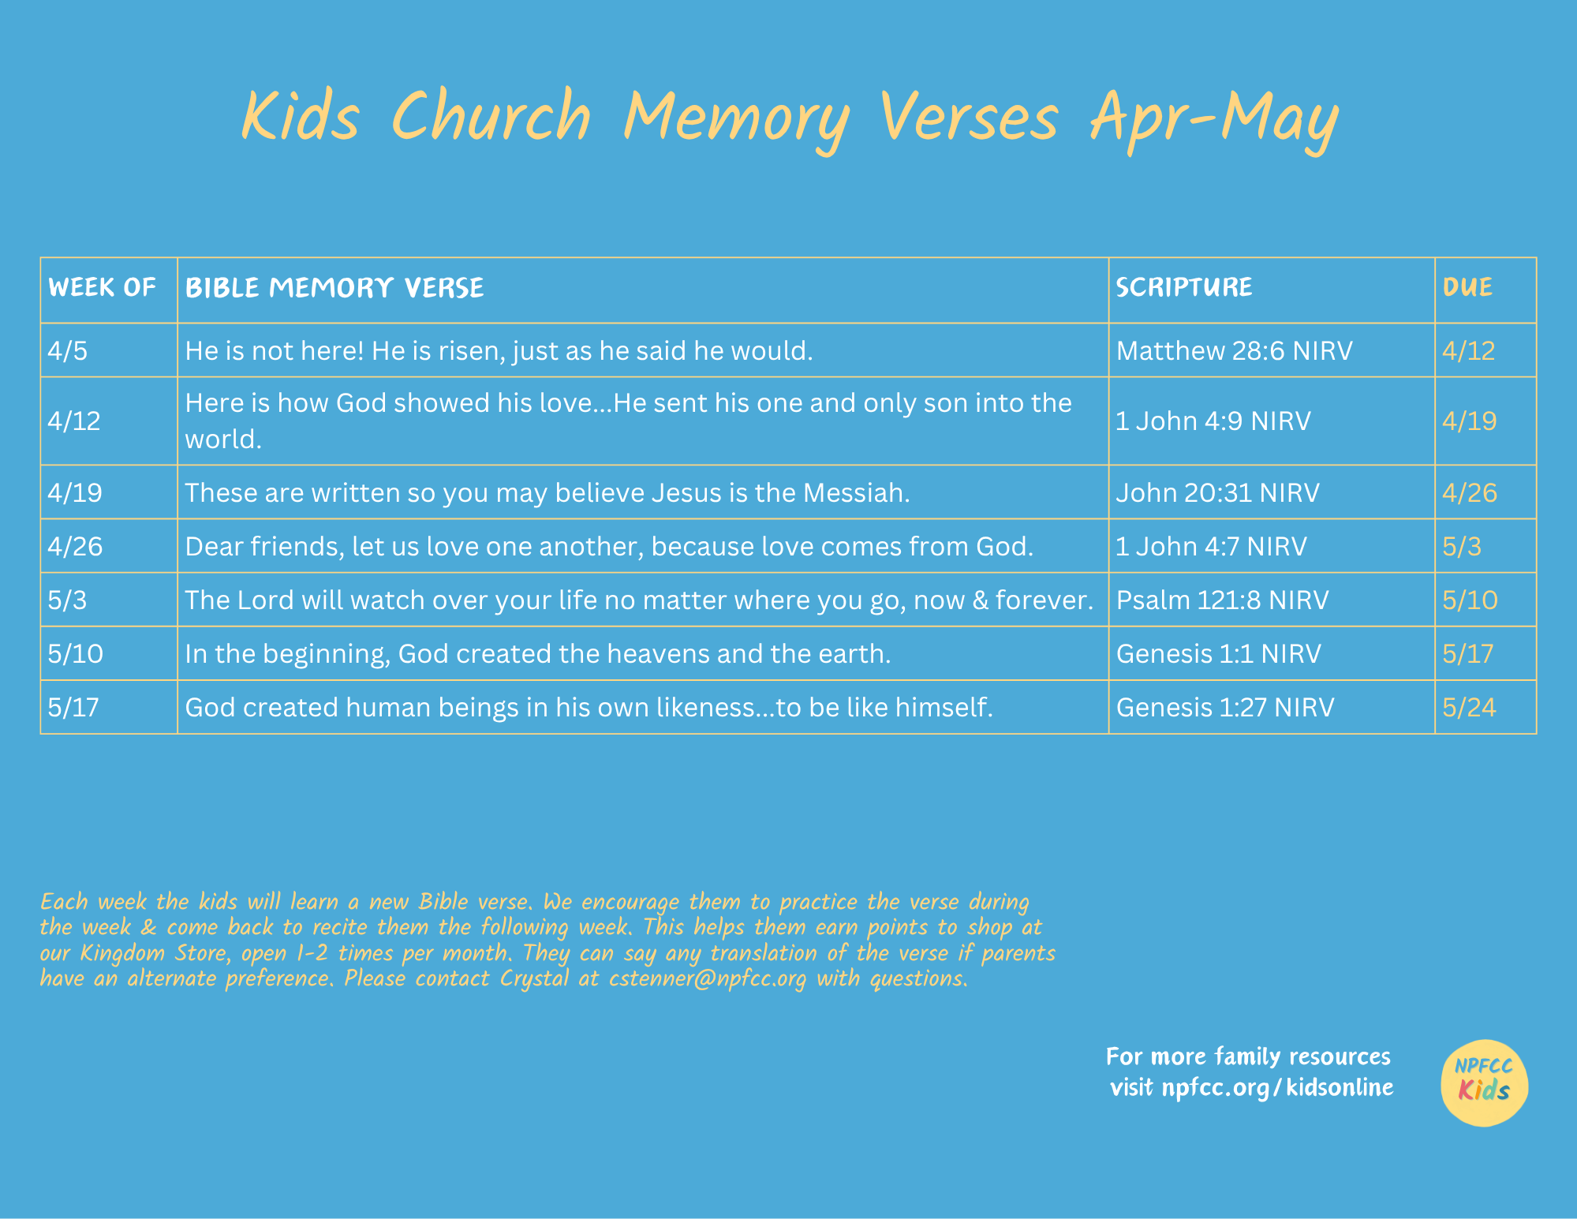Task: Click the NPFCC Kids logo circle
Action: click(1484, 1083)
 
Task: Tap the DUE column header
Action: click(1467, 287)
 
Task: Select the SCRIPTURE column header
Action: click(1183, 287)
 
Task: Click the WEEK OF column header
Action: click(102, 287)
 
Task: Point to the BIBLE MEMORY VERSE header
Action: click(334, 288)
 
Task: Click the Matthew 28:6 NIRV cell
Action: click(1234, 350)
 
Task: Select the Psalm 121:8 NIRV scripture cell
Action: click(1222, 600)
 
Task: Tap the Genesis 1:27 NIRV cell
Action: click(1224, 707)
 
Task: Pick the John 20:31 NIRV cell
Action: click(1217, 492)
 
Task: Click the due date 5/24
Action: click(1469, 707)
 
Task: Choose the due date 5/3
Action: click(1462, 546)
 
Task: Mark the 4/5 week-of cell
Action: click(68, 350)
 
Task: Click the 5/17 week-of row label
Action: click(73, 707)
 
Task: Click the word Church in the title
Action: click(491, 116)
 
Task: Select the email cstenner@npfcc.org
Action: click(708, 978)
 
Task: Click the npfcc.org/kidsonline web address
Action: click(1277, 1087)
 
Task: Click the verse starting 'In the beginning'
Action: click(538, 653)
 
